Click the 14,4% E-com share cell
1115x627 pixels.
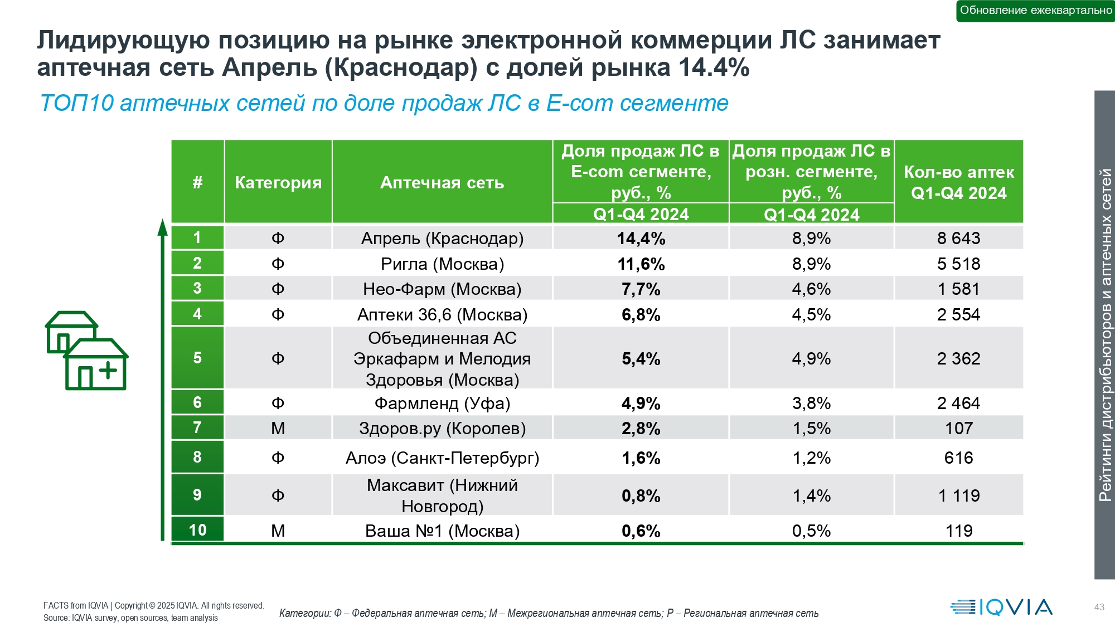641,239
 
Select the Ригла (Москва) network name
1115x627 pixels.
442,264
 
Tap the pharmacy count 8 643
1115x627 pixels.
958,239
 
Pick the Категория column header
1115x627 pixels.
278,182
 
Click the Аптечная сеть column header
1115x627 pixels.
442,182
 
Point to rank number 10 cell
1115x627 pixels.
197,530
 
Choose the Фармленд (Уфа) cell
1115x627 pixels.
442,403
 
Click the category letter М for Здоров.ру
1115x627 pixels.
278,429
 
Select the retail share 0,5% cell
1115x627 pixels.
811,531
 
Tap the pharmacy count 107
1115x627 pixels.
958,429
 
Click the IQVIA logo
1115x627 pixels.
1001,607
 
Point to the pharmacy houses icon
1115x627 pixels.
87,351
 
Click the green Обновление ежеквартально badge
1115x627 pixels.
1035,11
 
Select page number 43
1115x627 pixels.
1099,607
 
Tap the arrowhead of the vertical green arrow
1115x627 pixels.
162,227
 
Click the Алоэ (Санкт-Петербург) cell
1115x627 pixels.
442,458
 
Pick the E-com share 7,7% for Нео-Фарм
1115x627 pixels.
641,289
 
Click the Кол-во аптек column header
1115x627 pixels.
958,182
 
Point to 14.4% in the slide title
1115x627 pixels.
714,68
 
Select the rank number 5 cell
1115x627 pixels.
197,358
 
